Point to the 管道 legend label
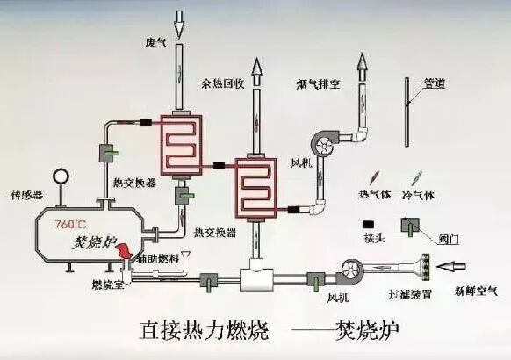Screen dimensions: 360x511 click(x=434, y=84)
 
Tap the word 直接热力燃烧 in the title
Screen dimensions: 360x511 click(x=197, y=332)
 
